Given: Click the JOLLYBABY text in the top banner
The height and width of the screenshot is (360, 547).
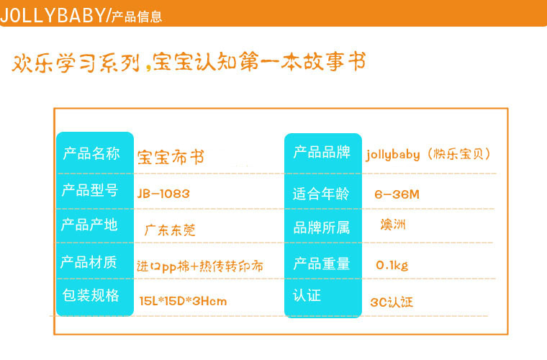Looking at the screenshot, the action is tap(53, 15).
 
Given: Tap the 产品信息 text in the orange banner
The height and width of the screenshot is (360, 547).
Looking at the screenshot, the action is tap(137, 17).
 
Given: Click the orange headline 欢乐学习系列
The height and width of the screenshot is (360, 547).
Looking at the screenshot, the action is tap(76, 63).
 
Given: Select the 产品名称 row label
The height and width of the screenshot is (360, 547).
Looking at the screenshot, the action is tap(91, 153).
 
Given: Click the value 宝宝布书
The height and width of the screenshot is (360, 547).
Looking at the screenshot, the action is tap(171, 157).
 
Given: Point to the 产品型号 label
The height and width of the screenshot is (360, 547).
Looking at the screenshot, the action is tap(90, 190).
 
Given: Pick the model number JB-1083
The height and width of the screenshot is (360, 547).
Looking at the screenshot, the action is tap(163, 194).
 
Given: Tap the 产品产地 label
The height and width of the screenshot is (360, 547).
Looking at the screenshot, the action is tap(89, 225).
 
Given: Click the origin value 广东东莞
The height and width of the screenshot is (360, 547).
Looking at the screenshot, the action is tap(170, 230).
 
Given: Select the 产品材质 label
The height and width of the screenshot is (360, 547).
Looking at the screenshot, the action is tap(89, 262).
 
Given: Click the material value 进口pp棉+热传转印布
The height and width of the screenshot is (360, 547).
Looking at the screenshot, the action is tap(200, 266).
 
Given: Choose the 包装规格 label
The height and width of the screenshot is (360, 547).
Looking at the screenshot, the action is tap(91, 295).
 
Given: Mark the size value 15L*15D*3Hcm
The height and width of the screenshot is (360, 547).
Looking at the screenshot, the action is tap(183, 301).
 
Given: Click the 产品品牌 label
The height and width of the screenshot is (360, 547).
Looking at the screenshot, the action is tap(322, 152).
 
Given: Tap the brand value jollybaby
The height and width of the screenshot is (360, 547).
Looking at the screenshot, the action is tap(393, 155).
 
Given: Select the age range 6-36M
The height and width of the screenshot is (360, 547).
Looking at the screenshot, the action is tap(397, 194).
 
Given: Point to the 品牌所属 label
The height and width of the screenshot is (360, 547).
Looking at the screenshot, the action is tap(321, 228).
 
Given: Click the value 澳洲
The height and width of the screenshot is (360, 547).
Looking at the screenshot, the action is tap(393, 225).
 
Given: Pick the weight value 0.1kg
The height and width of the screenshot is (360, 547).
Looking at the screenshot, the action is tap(392, 266).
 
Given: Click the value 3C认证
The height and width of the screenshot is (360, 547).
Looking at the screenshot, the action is tap(392, 302).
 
